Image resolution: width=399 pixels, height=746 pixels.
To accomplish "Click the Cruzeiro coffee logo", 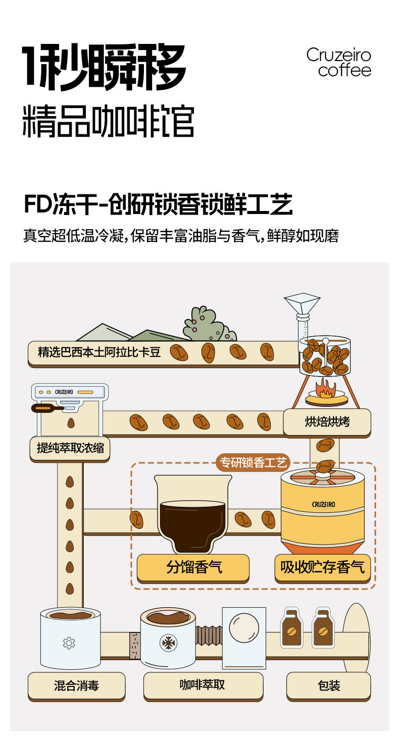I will click(x=338, y=63).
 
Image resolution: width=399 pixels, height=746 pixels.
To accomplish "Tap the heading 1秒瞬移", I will click(x=104, y=68).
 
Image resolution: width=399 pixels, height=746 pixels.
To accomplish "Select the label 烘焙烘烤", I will click(x=327, y=422).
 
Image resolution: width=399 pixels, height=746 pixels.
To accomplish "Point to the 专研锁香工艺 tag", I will click(x=253, y=462).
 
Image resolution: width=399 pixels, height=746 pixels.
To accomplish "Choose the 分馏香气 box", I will click(x=193, y=567).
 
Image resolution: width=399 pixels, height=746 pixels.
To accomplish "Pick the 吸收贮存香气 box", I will click(x=322, y=567).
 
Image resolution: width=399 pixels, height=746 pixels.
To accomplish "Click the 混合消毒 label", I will click(x=76, y=685).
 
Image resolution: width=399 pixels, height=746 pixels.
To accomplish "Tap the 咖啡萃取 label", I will click(x=203, y=685).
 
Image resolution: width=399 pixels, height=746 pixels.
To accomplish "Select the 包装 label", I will click(x=328, y=685).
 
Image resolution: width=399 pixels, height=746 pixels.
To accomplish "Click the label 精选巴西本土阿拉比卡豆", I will click(x=99, y=352).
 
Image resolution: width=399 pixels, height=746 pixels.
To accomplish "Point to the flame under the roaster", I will click(x=326, y=388).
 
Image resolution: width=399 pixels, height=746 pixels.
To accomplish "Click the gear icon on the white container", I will click(x=69, y=643).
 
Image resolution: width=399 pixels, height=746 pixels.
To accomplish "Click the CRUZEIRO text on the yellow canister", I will click(x=322, y=504).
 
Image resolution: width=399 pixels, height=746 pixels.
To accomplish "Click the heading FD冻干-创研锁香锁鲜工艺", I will click(x=158, y=206).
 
